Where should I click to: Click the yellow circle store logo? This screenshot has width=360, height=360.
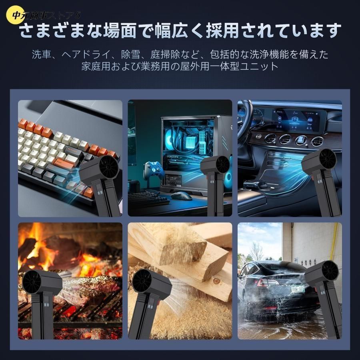15,15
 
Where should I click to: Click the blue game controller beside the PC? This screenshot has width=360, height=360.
154,169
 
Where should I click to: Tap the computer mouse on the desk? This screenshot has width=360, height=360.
181,196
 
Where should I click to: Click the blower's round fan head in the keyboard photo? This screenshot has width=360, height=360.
108,166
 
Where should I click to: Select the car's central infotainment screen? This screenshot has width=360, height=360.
296,120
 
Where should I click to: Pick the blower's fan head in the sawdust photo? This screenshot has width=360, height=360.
142,281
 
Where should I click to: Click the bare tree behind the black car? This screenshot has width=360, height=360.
256,252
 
